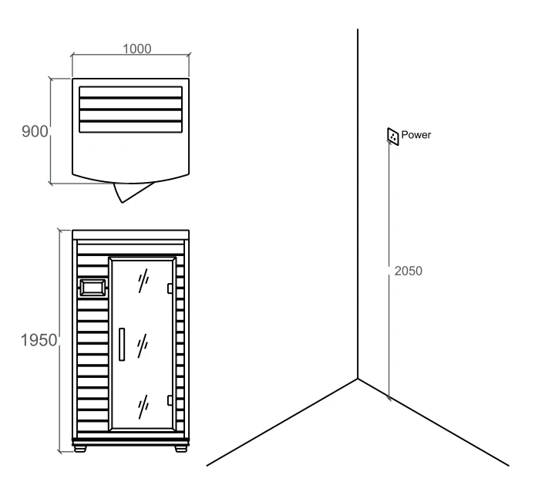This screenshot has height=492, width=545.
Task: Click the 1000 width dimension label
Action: click(x=137, y=49)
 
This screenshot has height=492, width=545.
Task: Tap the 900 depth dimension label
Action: click(x=35, y=131)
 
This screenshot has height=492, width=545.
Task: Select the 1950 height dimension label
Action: click(x=39, y=340)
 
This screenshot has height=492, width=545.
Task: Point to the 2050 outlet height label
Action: click(x=408, y=271)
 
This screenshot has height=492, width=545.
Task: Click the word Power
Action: click(x=416, y=134)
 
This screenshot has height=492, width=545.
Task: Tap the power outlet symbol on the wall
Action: click(x=393, y=136)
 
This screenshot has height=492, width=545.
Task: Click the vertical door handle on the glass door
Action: click(x=122, y=344)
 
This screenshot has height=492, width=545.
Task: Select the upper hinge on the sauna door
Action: click(x=170, y=288)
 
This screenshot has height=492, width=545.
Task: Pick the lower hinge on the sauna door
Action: click(x=170, y=400)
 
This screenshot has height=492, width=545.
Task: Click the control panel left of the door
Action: click(x=93, y=288)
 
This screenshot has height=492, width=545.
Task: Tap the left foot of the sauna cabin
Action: click(x=80, y=449)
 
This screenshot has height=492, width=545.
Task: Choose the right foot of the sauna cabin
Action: click(x=180, y=449)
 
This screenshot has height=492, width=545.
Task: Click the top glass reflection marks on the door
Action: click(x=143, y=281)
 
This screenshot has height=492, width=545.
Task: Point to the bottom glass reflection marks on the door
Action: click(x=143, y=407)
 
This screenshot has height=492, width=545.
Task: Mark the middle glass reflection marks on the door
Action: click(x=143, y=346)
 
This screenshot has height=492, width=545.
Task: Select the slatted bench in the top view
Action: click(x=131, y=110)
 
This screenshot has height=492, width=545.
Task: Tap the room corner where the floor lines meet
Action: click(x=358, y=379)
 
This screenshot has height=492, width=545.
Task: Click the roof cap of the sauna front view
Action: click(x=131, y=234)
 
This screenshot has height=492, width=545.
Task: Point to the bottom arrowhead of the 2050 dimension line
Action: click(x=389, y=396)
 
